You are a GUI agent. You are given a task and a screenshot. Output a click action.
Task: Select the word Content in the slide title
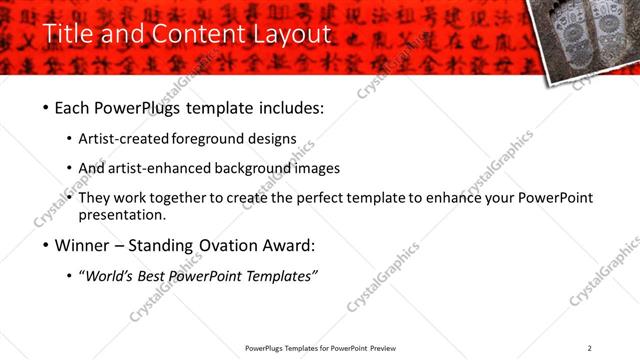point(194,34)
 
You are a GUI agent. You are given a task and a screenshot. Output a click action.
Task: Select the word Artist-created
point(123,138)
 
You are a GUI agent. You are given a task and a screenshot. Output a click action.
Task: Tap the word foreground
point(209,138)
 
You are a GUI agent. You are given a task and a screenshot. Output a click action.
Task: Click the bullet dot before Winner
point(46,245)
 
